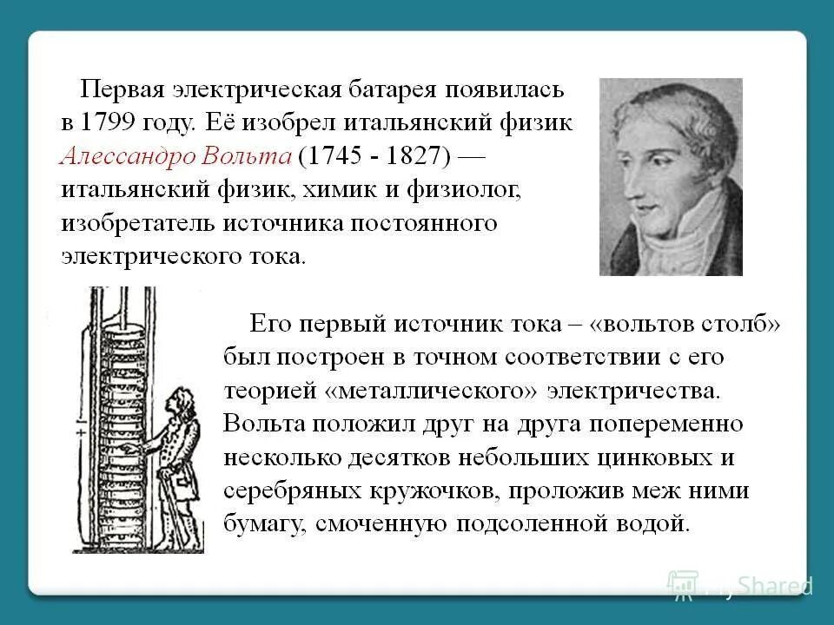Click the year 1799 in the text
(115, 122)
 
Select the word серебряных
(288, 491)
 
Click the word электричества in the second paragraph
(635, 391)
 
